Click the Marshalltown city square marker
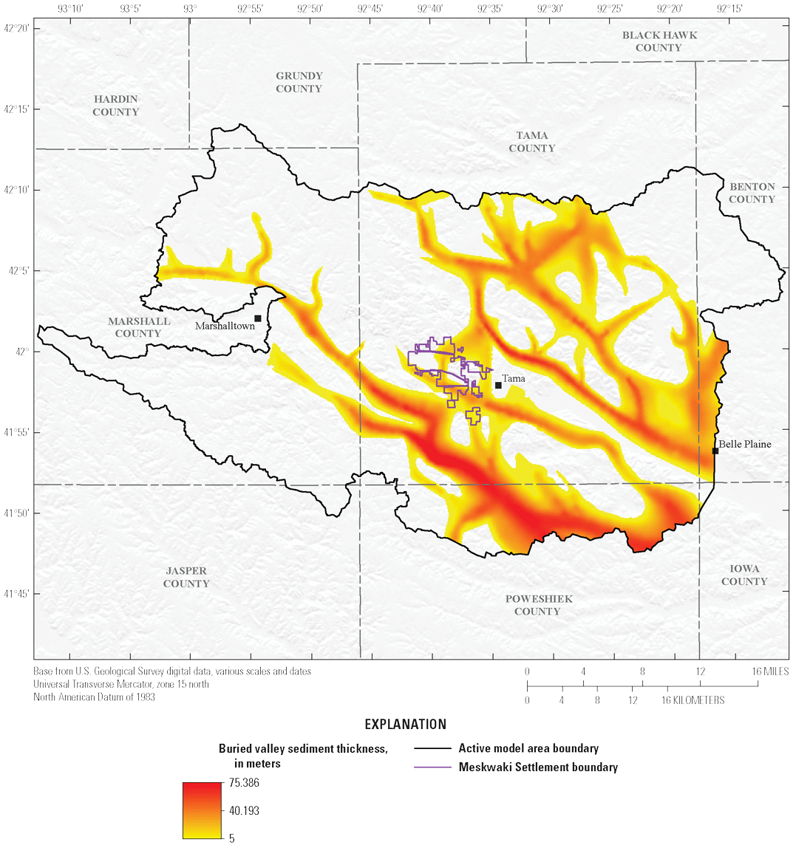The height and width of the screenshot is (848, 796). point(258,318)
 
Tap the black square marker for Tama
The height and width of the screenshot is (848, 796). point(498,385)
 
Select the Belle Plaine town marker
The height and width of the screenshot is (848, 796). point(715,451)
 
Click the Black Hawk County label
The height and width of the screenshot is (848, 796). point(659,41)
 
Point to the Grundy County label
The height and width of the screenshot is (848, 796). point(299,82)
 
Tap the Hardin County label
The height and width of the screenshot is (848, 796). point(116,106)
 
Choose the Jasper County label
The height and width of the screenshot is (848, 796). point(186,577)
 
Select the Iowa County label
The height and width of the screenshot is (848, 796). point(744,575)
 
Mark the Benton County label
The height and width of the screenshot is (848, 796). point(752,193)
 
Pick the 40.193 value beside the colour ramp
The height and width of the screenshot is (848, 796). point(243,810)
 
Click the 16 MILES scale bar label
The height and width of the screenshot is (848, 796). point(769,671)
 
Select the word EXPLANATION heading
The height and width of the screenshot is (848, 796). point(406,724)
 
